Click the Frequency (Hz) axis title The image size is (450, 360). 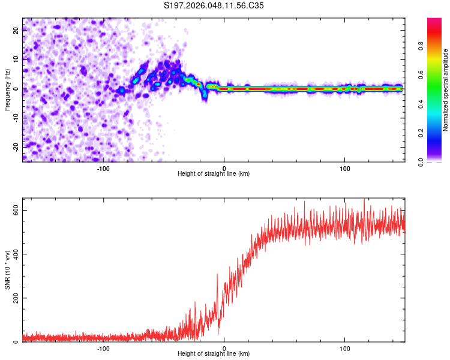tap(7, 89)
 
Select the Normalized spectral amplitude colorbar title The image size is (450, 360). tap(445, 90)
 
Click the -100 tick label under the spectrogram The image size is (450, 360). tap(103, 169)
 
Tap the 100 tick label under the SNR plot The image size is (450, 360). tap(345, 348)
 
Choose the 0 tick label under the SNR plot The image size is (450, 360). tap(224, 348)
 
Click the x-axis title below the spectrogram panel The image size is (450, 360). tap(214, 174)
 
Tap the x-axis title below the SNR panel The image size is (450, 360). tap(214, 354)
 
